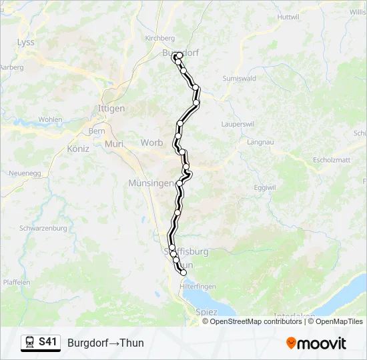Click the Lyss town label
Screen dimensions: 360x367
(x=25, y=42)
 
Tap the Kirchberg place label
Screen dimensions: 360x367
(x=159, y=39)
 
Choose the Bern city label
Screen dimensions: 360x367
(x=97, y=131)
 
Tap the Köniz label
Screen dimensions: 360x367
(x=78, y=149)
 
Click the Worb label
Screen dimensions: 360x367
(x=151, y=143)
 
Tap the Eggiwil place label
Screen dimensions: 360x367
(x=265, y=187)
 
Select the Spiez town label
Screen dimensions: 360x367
(x=206, y=311)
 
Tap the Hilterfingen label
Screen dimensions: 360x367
(x=196, y=285)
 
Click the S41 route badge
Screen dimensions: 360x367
(x=48, y=342)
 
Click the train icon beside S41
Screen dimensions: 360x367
(x=31, y=343)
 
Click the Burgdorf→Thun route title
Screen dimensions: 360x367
(x=105, y=343)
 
